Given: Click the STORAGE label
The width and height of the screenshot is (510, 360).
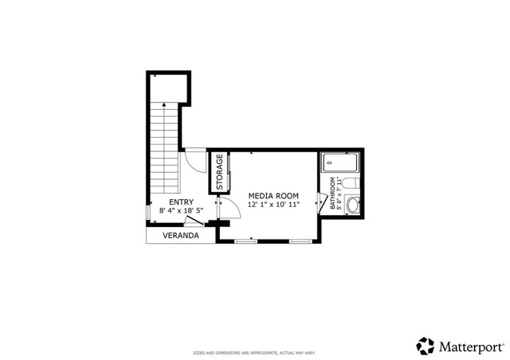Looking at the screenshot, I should (x=220, y=171).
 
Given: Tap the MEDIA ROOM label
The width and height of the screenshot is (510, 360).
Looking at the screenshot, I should (x=273, y=195).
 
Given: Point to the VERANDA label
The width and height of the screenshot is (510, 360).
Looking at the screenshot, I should (x=180, y=237).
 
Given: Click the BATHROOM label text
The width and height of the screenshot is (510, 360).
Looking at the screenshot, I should (x=333, y=193).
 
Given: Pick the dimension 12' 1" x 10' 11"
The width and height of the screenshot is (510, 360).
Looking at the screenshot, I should (x=273, y=205).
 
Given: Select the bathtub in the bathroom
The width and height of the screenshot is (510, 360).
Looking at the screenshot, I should (x=340, y=165).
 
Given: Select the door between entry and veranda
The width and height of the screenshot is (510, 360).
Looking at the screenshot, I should (x=194, y=220).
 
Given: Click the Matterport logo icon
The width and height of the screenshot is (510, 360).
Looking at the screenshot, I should (x=425, y=345).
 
